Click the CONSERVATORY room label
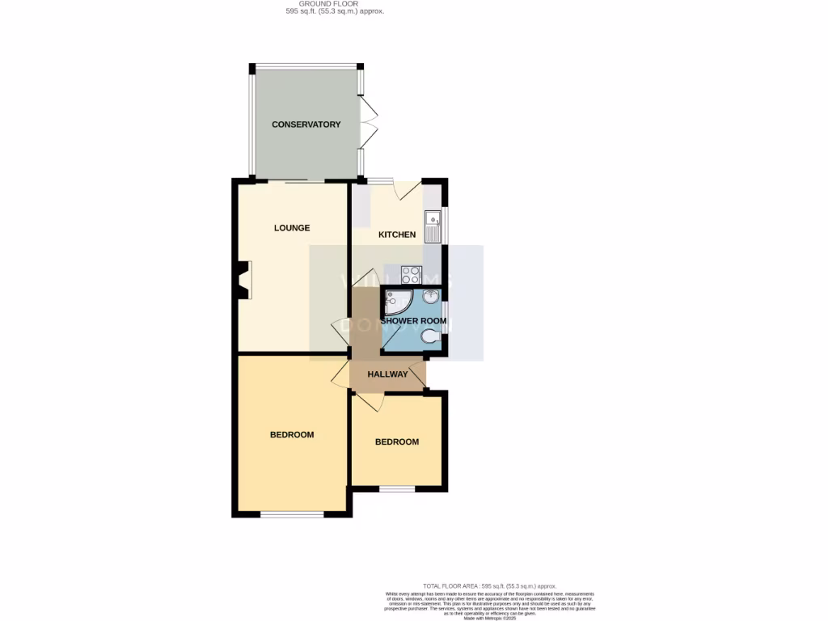coord(306,125)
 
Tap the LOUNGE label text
coord(292,228)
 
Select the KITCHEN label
coord(397,235)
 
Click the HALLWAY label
coord(387,374)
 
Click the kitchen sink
coord(433,226)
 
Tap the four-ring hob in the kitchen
coord(412,274)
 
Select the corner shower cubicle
coord(397,302)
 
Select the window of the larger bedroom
coord(292,514)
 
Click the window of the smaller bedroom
coord(397,488)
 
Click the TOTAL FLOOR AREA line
coord(489,585)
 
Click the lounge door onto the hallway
coord(340,332)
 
